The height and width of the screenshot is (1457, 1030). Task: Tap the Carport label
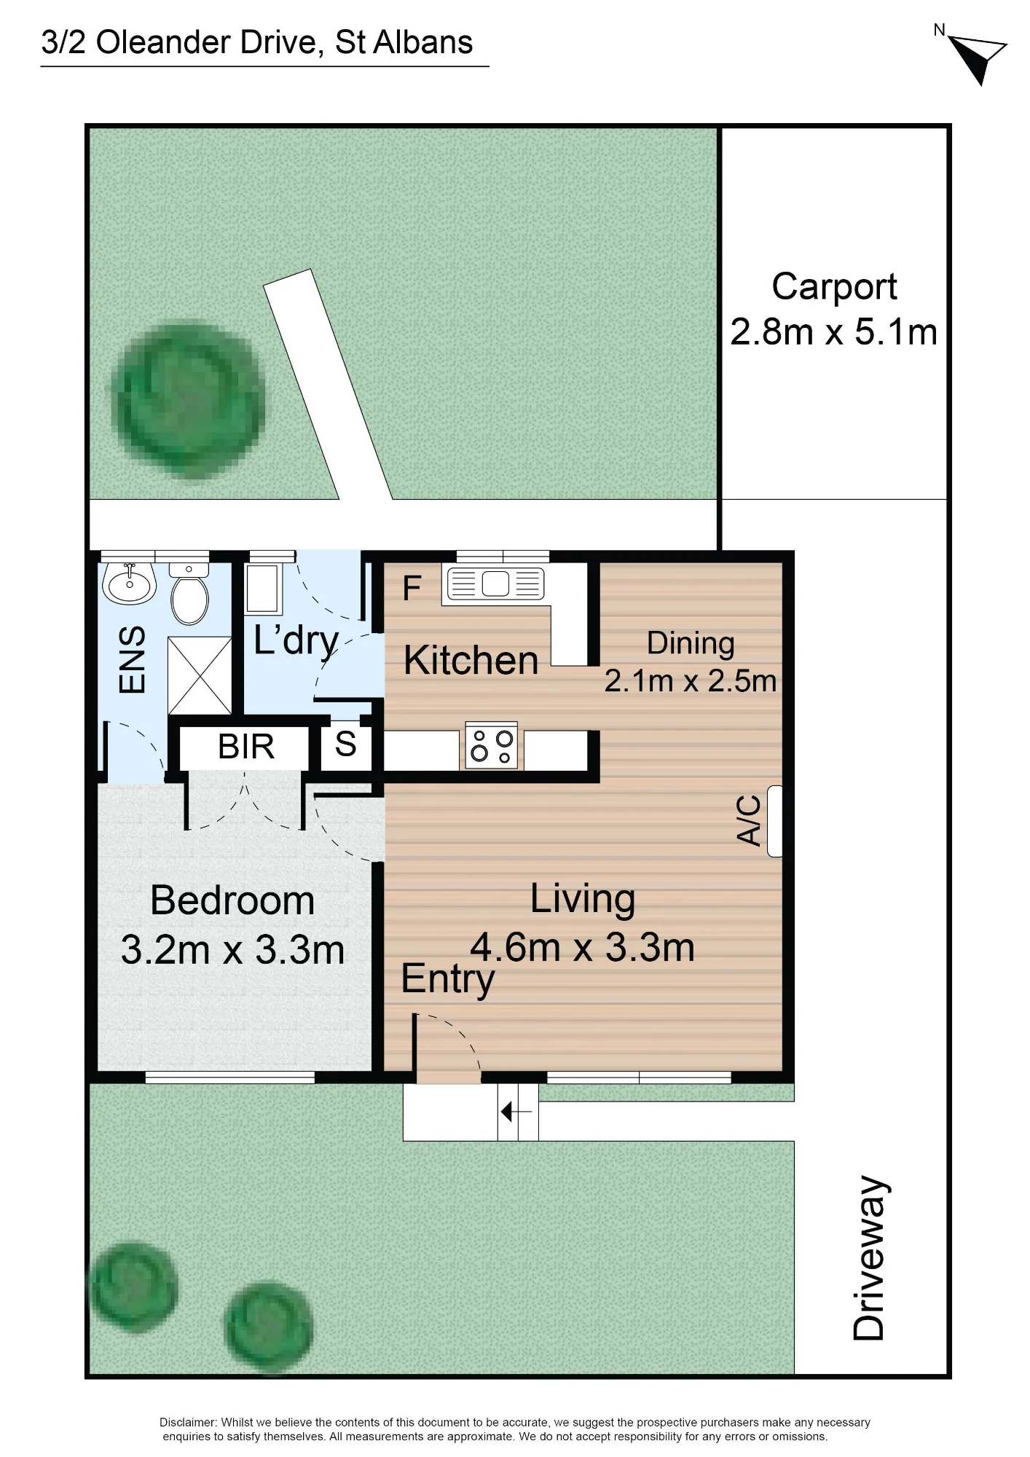click(834, 286)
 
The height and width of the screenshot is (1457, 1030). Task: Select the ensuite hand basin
click(129, 583)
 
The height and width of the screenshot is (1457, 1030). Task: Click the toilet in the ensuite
click(189, 593)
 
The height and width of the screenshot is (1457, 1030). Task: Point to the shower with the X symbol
click(200, 675)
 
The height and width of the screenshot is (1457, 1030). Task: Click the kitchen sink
click(495, 584)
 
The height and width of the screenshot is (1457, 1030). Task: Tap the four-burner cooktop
click(492, 746)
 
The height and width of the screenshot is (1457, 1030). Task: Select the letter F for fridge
click(412, 588)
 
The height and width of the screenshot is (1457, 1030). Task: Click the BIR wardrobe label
click(246, 747)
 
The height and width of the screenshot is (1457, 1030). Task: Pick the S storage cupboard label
click(345, 745)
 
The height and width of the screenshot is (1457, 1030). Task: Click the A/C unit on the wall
click(774, 821)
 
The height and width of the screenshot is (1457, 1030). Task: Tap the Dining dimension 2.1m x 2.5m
click(691, 681)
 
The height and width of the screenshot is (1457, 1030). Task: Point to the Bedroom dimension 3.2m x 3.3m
click(232, 950)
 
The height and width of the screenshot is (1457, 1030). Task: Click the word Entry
click(447, 979)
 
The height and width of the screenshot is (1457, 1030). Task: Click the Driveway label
click(870, 1258)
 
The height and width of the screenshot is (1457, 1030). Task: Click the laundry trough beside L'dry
click(262, 588)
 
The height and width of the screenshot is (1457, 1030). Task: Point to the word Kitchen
click(471, 660)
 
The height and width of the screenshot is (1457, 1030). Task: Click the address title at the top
click(257, 42)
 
